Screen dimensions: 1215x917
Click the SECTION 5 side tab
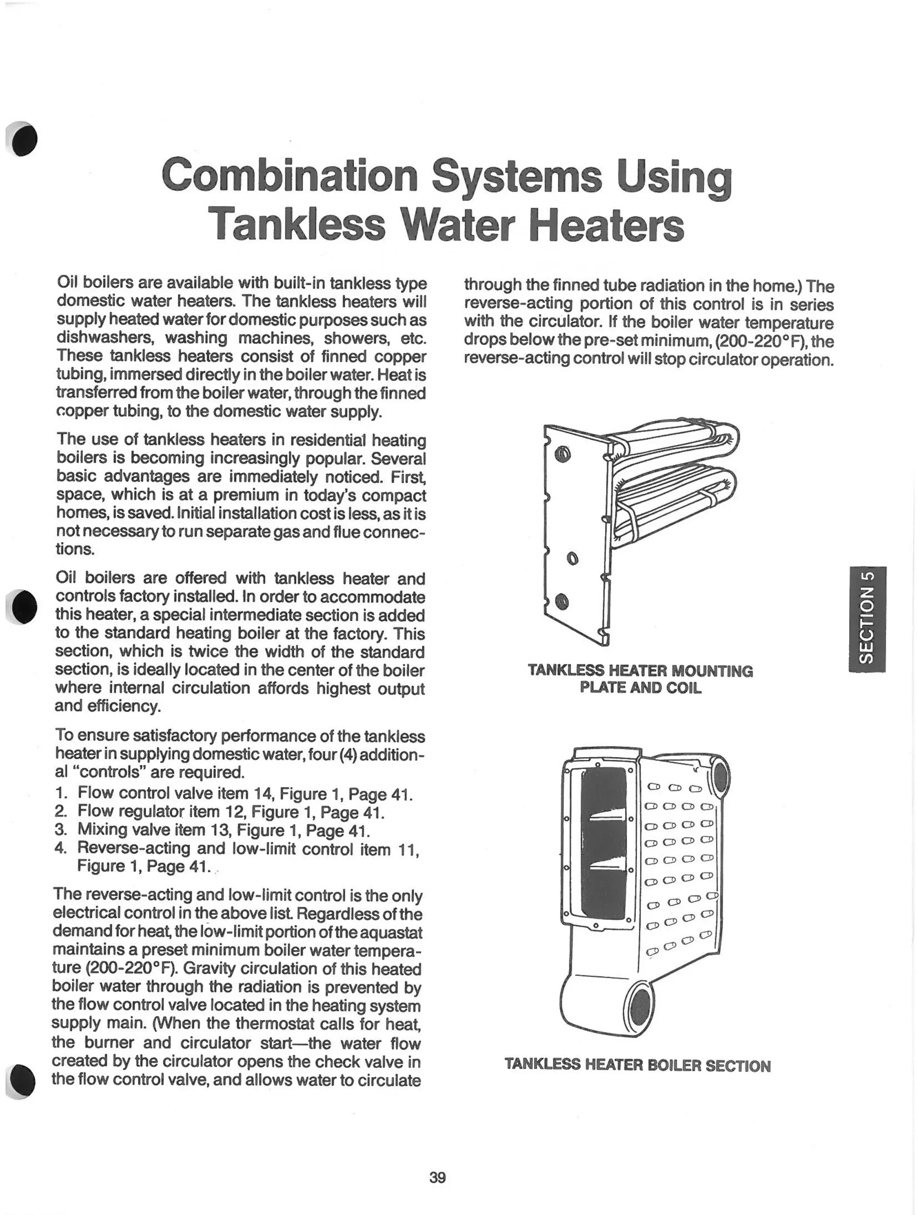866,619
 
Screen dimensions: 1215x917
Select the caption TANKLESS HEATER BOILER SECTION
637,1065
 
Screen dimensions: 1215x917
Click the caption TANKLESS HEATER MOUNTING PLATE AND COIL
640,679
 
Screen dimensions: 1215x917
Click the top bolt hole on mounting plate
563,455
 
